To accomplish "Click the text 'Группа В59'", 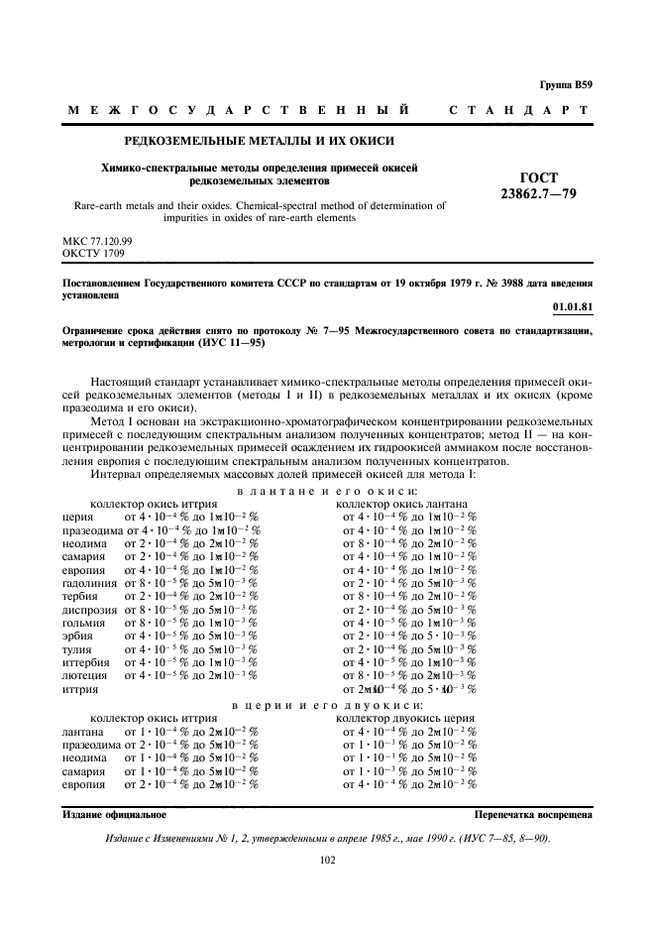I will click(568, 86).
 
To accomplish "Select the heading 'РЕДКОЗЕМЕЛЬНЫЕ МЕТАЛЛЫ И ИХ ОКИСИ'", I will click(259, 142).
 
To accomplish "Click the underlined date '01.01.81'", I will click(572, 307).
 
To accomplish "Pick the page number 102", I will click(328, 860).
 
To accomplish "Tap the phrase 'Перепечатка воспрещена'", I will click(534, 814).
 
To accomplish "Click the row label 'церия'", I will click(77, 517).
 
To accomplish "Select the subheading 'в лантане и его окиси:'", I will click(324, 491).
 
